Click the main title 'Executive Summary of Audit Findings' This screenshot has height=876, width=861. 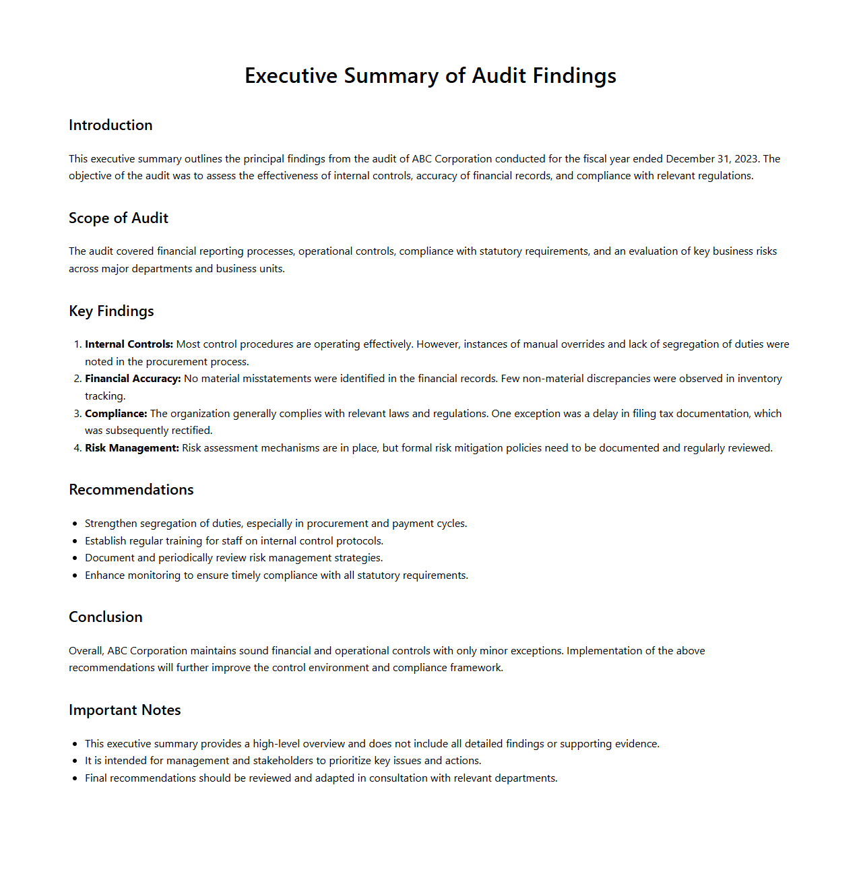pos(430,75)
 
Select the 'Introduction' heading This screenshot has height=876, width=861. pos(110,125)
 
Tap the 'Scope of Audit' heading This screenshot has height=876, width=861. pos(119,218)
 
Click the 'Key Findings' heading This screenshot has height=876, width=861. pos(111,311)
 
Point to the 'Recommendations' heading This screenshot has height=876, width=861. pos(131,490)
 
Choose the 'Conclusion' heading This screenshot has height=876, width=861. pos(106,617)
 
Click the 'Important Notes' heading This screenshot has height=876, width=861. pos(125,710)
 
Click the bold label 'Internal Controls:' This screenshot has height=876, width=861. pos(129,344)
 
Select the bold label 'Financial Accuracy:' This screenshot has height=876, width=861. pos(133,379)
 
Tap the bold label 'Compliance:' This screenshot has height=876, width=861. pos(116,414)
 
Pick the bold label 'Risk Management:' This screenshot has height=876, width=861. pos(132,448)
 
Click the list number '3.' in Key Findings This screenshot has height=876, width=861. pos(77,414)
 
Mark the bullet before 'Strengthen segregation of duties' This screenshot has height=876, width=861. pos(75,524)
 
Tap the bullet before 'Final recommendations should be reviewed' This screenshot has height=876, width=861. pos(75,778)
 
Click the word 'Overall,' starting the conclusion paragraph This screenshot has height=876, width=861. pos(86,651)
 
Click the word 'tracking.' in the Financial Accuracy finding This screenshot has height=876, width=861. pos(105,396)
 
